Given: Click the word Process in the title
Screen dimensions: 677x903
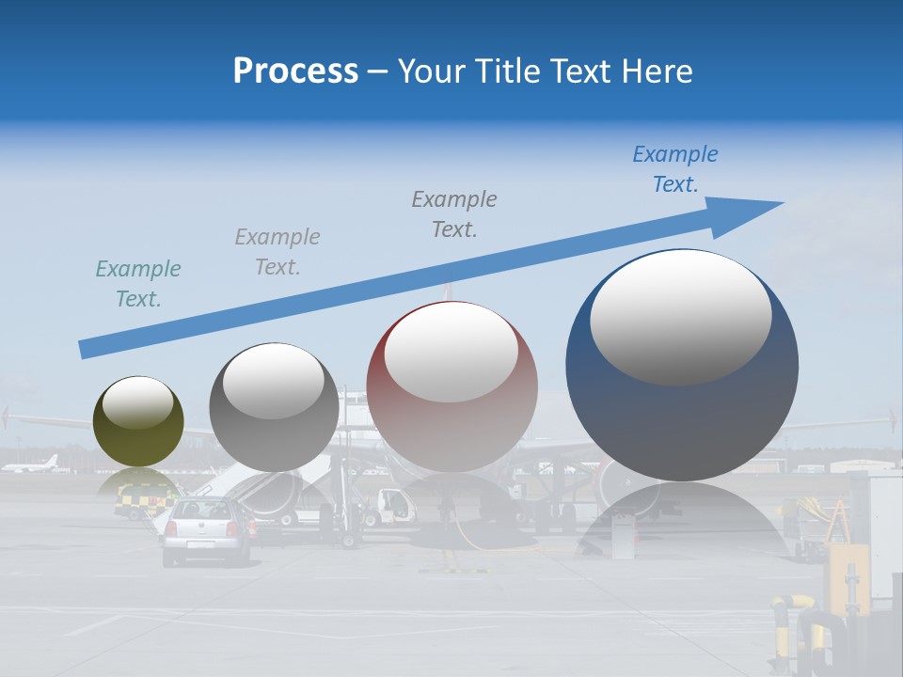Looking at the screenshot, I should (295, 71).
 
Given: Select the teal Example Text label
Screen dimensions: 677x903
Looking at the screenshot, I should (138, 283).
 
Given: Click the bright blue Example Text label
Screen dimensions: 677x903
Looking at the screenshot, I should (674, 169).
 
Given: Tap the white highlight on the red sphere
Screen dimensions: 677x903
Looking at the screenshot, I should (451, 351).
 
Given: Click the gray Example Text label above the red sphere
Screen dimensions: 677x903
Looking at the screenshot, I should (454, 213).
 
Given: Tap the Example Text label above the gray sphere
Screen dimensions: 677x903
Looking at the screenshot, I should (277, 251).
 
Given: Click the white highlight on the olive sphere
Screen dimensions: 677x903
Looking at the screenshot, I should (138, 401).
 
